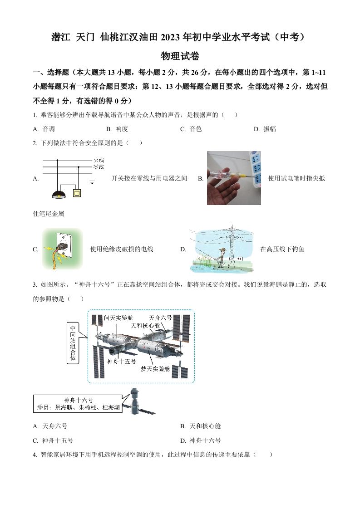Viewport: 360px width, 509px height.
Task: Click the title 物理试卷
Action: pyautogui.click(x=180, y=56)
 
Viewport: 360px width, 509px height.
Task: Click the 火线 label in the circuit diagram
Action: pyautogui.click(x=99, y=160)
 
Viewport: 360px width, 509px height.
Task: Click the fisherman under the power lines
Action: pyautogui.click(x=220, y=256)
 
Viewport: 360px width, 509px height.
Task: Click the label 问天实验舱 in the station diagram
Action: pyautogui.click(x=118, y=318)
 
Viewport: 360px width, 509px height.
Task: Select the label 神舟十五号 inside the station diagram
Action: pyautogui.click(x=121, y=361)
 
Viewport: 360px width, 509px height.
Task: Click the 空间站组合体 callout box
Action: pyautogui.click(x=72, y=343)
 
